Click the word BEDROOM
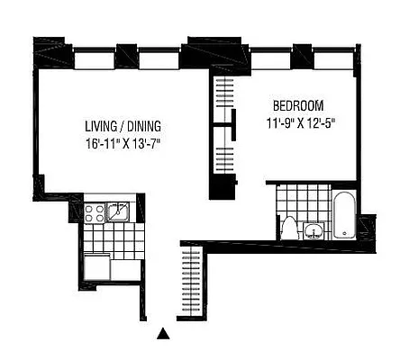(x=299, y=104)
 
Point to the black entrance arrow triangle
(x=163, y=334)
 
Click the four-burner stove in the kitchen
(x=95, y=212)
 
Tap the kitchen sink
(x=119, y=211)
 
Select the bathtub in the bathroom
(x=346, y=215)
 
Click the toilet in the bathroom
(x=289, y=227)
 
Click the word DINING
(x=141, y=126)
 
